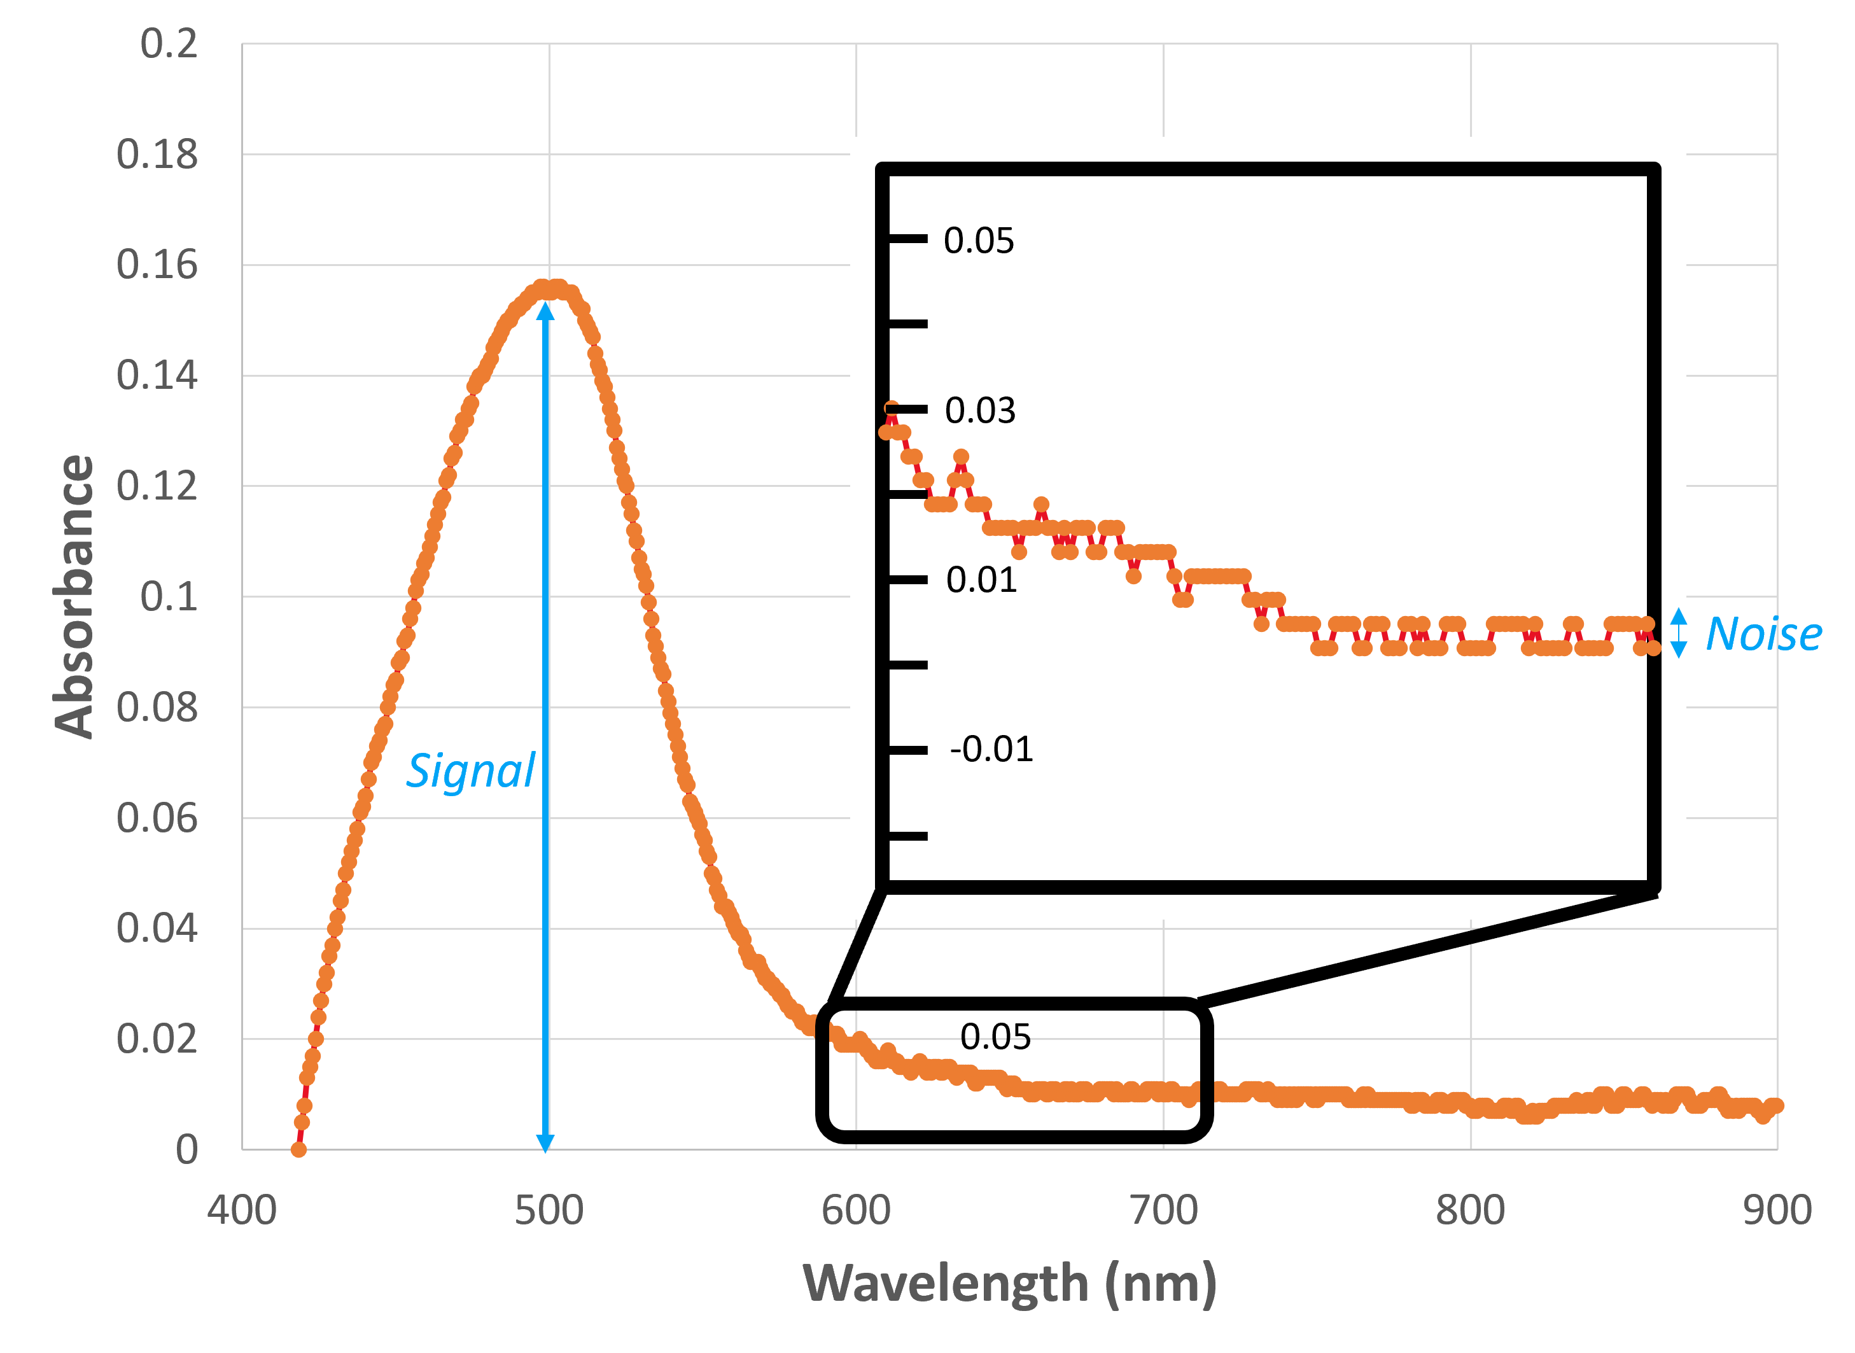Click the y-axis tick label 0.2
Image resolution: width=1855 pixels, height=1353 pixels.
click(x=169, y=43)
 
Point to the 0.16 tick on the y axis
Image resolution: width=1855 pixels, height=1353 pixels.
click(x=157, y=265)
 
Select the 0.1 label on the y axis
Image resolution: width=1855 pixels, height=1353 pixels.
click(x=169, y=596)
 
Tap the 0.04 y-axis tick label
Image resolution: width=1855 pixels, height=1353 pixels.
click(x=157, y=928)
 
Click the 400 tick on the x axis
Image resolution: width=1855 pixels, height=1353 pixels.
click(x=242, y=1210)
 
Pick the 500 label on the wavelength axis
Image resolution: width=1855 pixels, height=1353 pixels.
click(x=549, y=1210)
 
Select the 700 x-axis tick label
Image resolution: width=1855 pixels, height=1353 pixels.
click(x=1164, y=1210)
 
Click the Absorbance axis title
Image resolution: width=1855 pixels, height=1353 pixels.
click(x=73, y=596)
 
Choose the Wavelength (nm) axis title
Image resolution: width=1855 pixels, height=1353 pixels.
click(x=1009, y=1282)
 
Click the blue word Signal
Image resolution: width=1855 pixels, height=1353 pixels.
click(x=471, y=771)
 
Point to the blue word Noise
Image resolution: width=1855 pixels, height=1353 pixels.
click(x=1764, y=634)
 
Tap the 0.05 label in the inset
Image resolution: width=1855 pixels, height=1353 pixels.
click(x=979, y=241)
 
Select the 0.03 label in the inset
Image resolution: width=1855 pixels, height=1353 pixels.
click(x=981, y=410)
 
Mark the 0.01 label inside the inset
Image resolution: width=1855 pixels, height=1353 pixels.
click(x=981, y=580)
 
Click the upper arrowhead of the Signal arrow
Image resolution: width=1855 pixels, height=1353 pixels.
click(x=545, y=311)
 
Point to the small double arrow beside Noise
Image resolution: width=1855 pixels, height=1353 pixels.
click(x=1678, y=633)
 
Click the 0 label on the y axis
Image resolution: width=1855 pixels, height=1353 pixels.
click(x=186, y=1150)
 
